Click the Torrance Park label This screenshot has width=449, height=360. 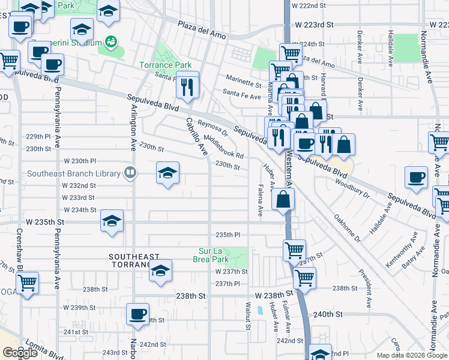point(165,65)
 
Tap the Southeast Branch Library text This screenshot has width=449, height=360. point(73,174)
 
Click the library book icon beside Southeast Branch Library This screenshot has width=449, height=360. point(130,174)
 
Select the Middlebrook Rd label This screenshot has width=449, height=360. point(223,146)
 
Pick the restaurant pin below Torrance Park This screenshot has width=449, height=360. point(188,88)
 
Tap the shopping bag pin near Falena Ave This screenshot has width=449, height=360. point(283,200)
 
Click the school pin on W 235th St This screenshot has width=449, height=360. point(112,221)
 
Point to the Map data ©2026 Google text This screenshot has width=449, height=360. point(411,355)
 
